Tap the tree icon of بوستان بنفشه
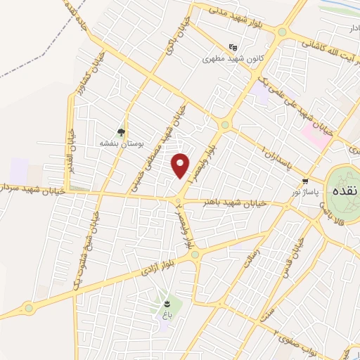tap(122, 131)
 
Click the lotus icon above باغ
tap(167, 303)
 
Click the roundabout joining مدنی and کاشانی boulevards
tap(283, 32)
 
